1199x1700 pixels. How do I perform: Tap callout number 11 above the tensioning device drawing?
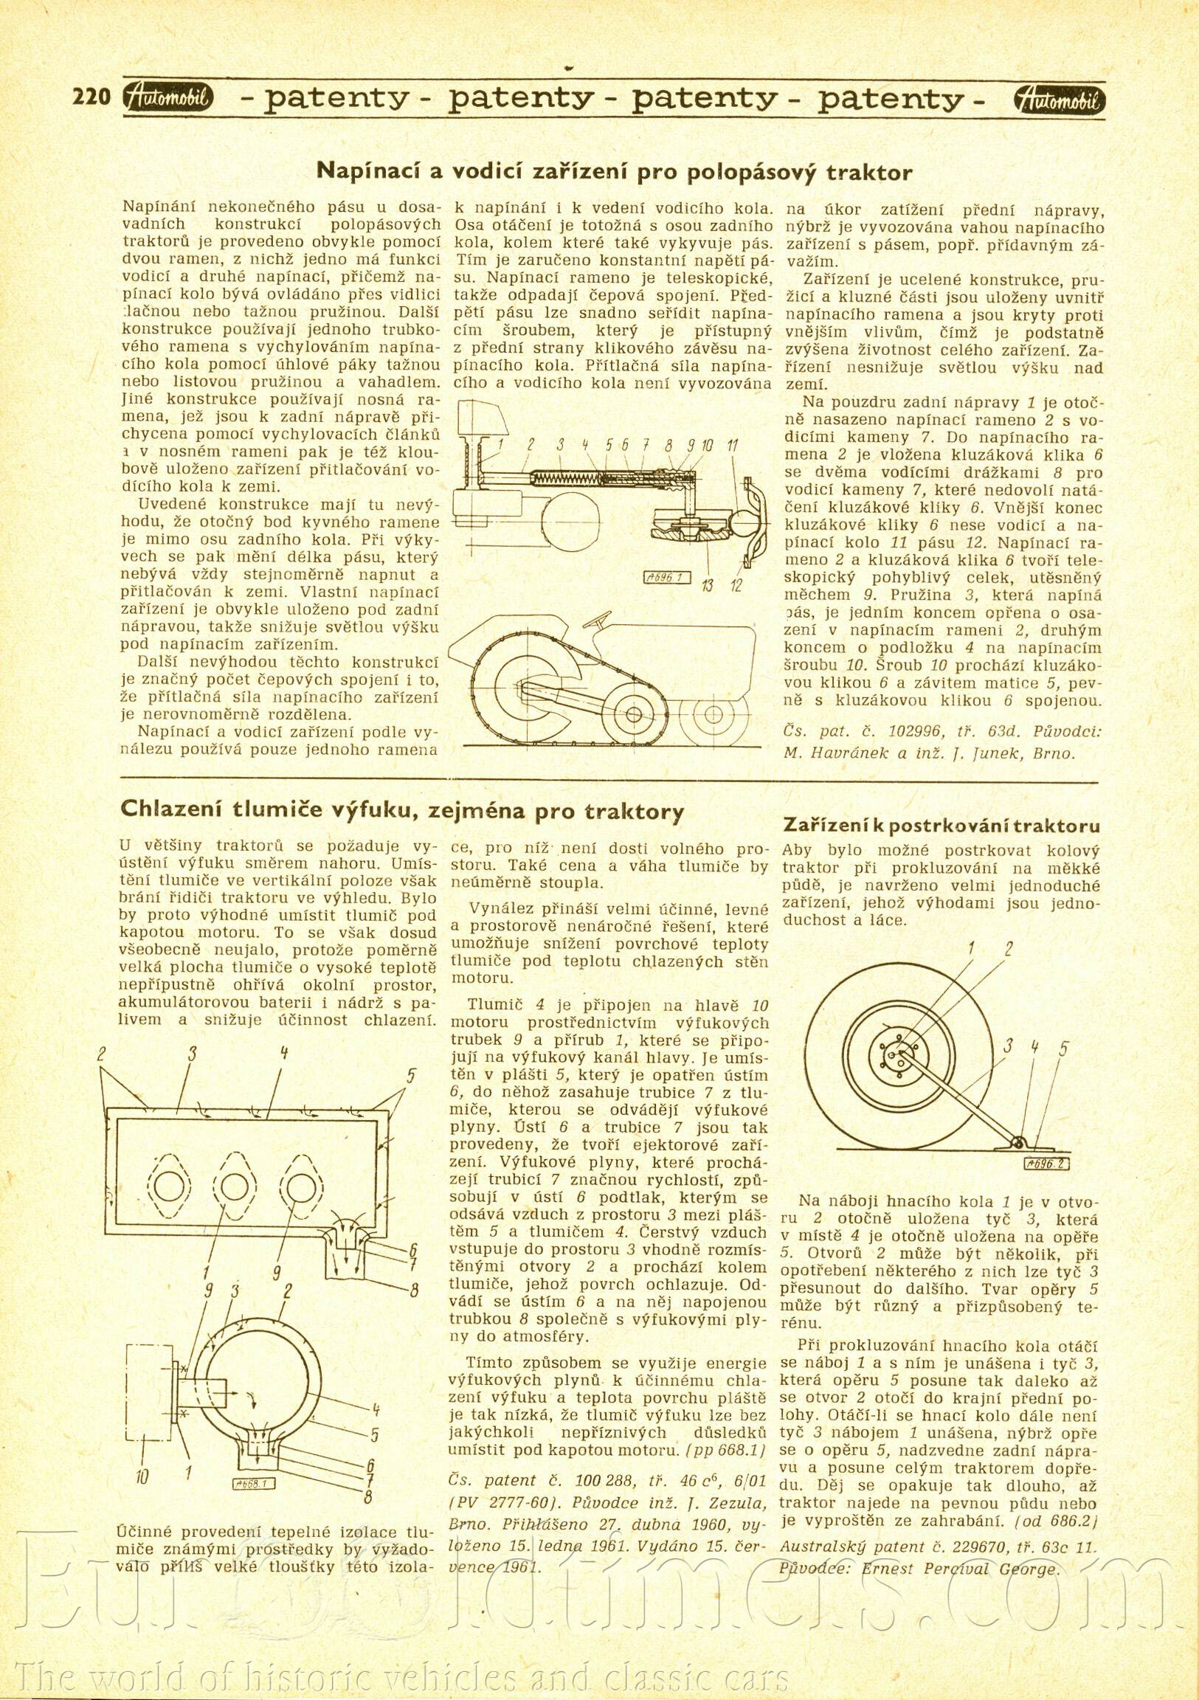(732, 445)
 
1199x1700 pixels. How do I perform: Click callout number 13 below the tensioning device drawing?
(708, 587)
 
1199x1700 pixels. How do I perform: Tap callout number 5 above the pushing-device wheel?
(1064, 1048)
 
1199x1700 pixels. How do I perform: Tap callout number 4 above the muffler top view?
(283, 1053)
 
